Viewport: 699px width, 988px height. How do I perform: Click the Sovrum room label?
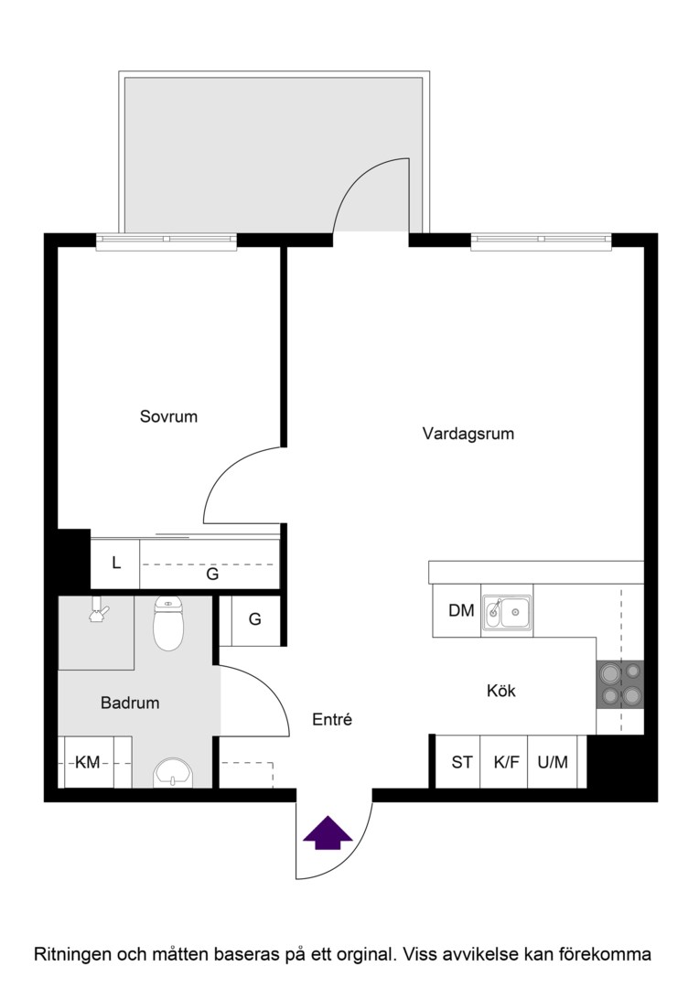[168, 416]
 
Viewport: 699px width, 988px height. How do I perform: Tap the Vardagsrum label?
[468, 435]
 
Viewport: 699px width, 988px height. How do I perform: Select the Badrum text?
[130, 703]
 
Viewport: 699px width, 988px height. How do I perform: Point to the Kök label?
[501, 691]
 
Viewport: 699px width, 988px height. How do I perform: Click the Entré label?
[332, 720]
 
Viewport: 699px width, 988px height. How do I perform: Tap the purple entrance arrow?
[328, 833]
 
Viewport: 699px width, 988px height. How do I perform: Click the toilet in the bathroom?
[168, 623]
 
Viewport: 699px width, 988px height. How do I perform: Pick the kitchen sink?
[507, 613]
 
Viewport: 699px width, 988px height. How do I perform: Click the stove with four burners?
[619, 685]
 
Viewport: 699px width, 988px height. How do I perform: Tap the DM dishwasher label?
[461, 610]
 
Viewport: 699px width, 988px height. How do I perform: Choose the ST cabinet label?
[462, 762]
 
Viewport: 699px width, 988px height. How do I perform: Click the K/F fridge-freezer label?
[507, 762]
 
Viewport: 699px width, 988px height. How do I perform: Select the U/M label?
[553, 762]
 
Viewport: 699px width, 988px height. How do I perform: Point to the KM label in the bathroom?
[88, 763]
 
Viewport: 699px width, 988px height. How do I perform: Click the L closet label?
[116, 563]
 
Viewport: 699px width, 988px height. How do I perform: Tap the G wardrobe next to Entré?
[254, 619]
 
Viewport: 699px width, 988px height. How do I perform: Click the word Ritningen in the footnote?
[73, 954]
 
